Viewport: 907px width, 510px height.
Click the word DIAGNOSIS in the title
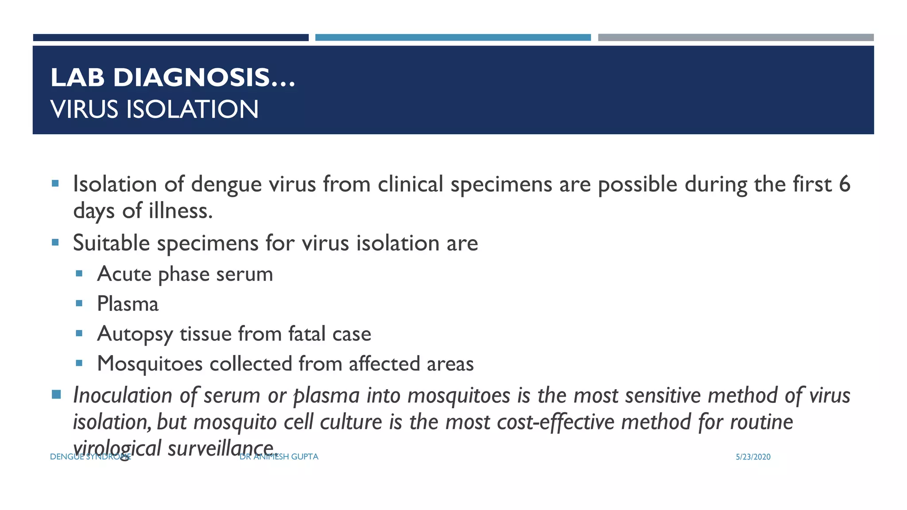tap(191, 78)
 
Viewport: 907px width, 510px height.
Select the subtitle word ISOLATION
tap(192, 109)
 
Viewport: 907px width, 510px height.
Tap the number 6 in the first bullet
tap(844, 184)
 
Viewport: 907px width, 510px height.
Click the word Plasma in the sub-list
tap(128, 304)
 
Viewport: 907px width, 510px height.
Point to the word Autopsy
tap(135, 334)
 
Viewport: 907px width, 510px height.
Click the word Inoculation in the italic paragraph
tap(122, 395)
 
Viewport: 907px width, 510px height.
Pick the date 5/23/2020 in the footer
tap(753, 457)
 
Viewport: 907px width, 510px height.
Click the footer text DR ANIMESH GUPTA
tap(279, 457)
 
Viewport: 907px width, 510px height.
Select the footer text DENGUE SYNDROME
tap(90, 457)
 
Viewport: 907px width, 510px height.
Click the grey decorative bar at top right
tap(736, 38)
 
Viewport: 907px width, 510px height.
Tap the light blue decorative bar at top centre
tap(453, 38)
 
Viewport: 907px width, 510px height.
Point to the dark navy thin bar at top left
tap(171, 38)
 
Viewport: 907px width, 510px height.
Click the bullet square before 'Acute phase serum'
tap(79, 274)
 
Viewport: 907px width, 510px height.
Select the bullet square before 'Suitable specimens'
tap(55, 242)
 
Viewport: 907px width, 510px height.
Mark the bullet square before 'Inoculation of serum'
tap(56, 394)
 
